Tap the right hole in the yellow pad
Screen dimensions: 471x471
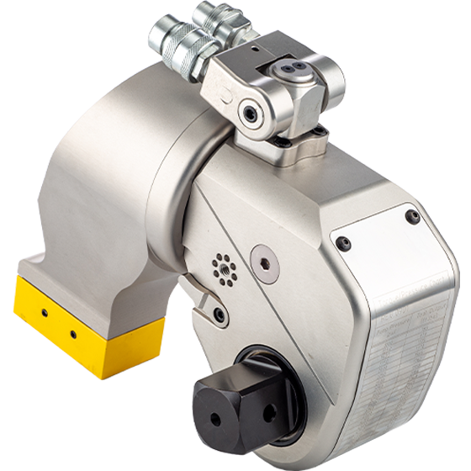pos(71,333)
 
